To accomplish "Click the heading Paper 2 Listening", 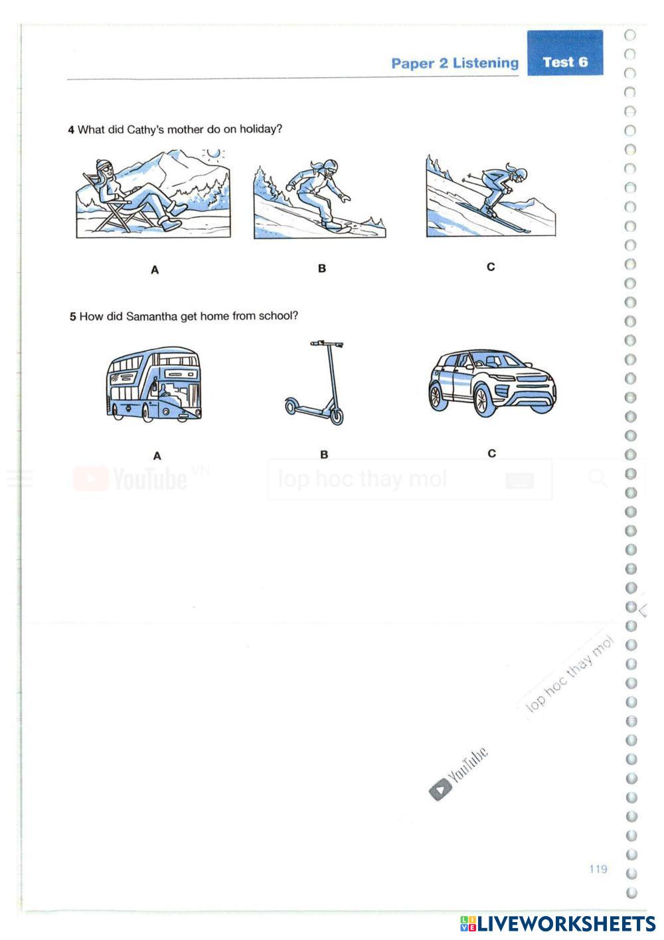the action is (x=455, y=63).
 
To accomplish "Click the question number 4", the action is (x=71, y=130).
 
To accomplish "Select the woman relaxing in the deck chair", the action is (x=133, y=196).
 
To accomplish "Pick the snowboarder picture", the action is (x=319, y=198).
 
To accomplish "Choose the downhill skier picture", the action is (x=491, y=197).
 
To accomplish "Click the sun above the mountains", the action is (x=212, y=154).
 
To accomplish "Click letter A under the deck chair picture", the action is (x=155, y=270).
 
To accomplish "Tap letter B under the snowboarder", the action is (x=322, y=268).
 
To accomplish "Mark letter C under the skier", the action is (x=491, y=267).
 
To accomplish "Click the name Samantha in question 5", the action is (x=151, y=316).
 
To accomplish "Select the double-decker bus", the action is (x=154, y=384).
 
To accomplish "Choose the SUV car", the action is (x=491, y=384).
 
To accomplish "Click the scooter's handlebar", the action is (x=326, y=344).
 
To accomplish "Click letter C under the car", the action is (x=491, y=454).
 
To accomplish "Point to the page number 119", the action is (x=598, y=869).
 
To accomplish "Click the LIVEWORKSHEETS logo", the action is (x=558, y=923).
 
